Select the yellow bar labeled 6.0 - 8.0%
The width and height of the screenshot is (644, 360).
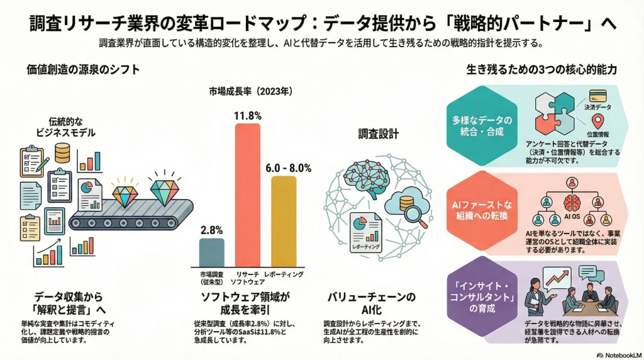[x=283, y=220]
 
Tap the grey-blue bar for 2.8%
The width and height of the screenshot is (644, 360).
[x=211, y=252]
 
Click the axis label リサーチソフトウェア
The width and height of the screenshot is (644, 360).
[x=247, y=279]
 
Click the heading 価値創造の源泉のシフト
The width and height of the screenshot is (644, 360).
[x=83, y=69]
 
